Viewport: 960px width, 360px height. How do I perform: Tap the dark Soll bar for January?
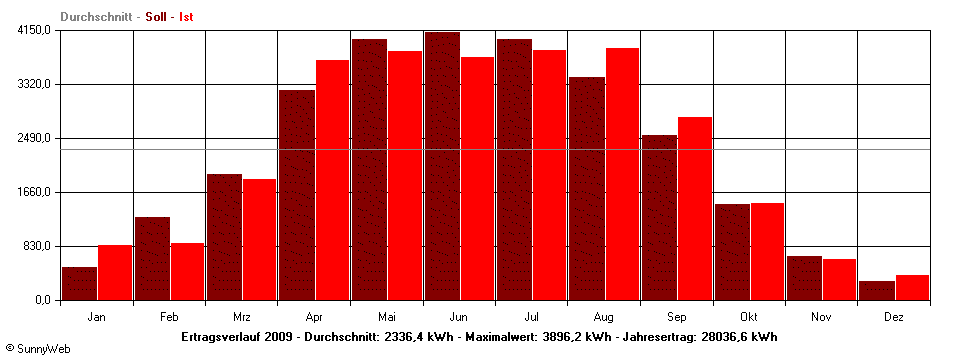(79, 283)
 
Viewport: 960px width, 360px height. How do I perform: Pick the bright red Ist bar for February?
(187, 271)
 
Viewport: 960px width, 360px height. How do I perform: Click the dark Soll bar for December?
(877, 290)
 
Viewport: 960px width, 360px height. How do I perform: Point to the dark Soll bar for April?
(297, 195)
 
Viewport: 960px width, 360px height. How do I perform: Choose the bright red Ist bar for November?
(839, 279)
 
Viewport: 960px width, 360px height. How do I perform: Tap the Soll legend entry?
(158, 17)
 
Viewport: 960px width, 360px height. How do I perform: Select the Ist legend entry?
(186, 17)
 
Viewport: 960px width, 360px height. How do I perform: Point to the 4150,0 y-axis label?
(34, 31)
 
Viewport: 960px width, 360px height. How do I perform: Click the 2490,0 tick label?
(34, 138)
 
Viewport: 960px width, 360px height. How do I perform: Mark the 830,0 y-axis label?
(37, 246)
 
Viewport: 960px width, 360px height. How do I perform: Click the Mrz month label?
(241, 317)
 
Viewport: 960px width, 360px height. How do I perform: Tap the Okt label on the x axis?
(749, 317)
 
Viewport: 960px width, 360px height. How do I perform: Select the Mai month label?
(386, 317)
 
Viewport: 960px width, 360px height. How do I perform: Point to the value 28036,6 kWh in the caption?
(738, 337)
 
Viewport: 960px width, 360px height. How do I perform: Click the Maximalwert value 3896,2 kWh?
(567, 337)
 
